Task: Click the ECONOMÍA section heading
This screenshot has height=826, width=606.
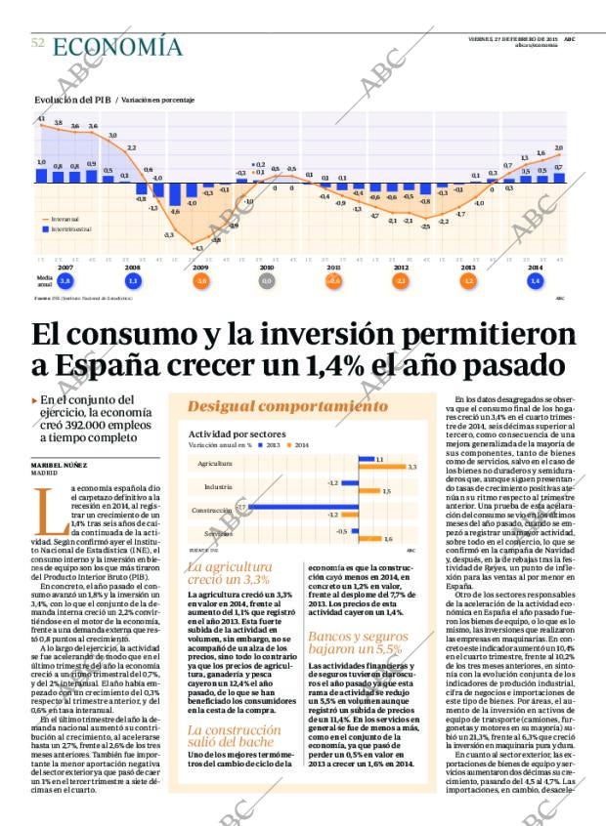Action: (117, 46)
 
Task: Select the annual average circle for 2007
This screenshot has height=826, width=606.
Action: (65, 281)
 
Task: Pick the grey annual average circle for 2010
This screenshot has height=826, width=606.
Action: (267, 281)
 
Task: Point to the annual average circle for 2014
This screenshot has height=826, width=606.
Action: (535, 281)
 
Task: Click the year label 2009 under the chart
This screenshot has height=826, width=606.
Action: (199, 267)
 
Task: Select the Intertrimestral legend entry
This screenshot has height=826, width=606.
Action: (70, 228)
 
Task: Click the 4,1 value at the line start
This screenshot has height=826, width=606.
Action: (41, 119)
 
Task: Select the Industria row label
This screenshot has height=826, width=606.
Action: (218, 485)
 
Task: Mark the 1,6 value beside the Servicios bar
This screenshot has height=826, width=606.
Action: (388, 538)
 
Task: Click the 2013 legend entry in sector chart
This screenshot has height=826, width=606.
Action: (269, 444)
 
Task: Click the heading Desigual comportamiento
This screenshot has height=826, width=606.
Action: (287, 406)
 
